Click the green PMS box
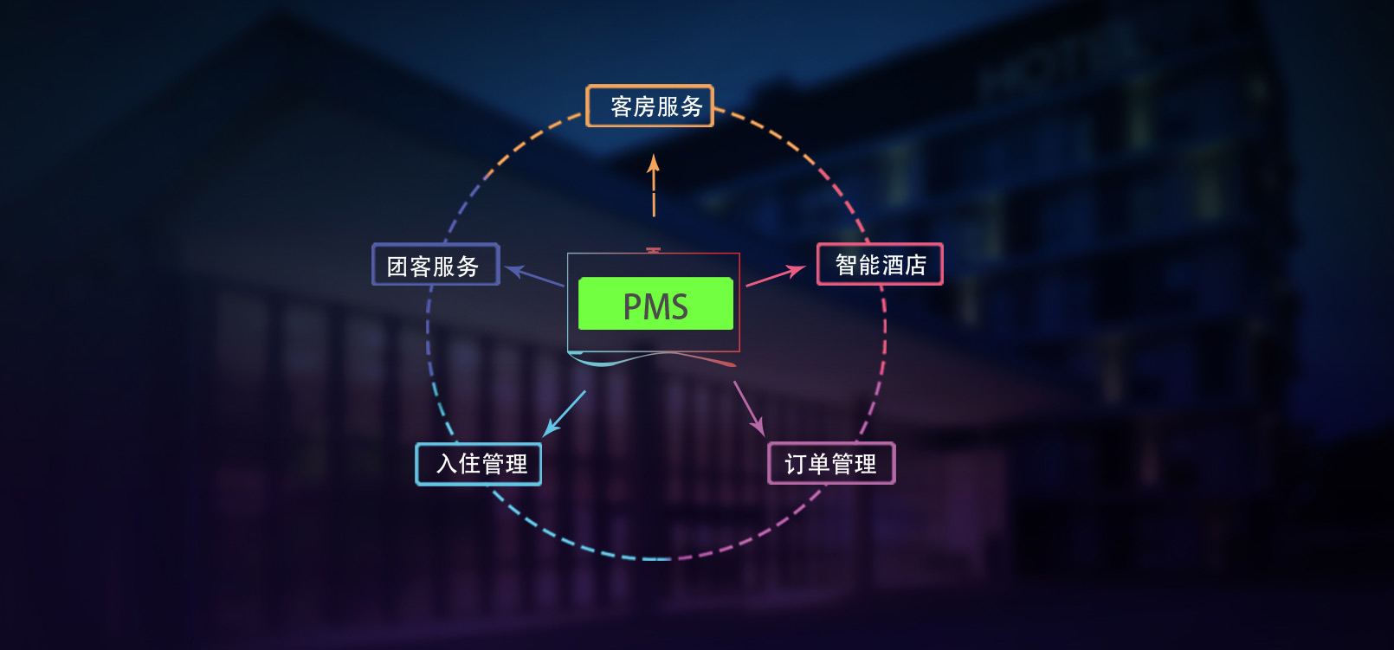tap(655, 304)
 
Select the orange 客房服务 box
tap(649, 106)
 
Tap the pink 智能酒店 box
tap(880, 264)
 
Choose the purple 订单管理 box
tap(831, 464)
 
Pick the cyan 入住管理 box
tap(479, 464)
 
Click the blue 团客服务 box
tap(436, 265)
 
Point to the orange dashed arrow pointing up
tap(654, 186)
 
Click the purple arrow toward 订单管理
tap(749, 408)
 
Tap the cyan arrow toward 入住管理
tap(565, 413)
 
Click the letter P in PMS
tap(632, 307)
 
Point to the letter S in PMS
tap(678, 307)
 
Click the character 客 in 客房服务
tap(622, 106)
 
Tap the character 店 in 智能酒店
tap(915, 265)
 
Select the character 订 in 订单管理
tap(796, 465)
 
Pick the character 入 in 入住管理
tap(447, 464)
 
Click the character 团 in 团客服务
tap(397, 267)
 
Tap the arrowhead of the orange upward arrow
tap(654, 163)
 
